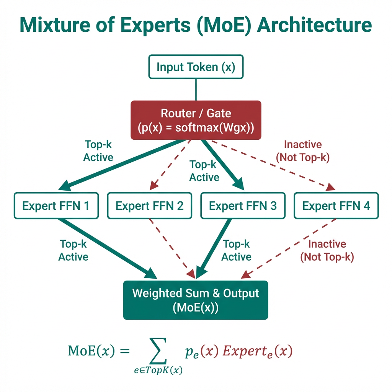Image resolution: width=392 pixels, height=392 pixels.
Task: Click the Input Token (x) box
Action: click(x=196, y=67)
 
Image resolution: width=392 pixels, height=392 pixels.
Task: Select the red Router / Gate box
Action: click(x=196, y=120)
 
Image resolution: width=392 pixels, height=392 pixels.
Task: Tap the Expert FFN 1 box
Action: click(x=56, y=206)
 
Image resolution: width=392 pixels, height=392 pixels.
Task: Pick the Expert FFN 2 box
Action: click(x=149, y=206)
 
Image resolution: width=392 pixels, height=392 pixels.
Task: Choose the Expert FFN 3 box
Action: click(x=243, y=206)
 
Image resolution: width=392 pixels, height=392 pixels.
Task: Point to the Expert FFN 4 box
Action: click(x=336, y=206)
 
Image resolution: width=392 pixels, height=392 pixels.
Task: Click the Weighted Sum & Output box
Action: click(x=196, y=300)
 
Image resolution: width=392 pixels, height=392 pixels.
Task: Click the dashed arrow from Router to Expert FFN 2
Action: click(x=170, y=165)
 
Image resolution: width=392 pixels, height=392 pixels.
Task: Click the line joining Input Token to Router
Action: click(x=196, y=90)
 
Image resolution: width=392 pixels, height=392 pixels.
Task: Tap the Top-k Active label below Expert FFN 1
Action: click(x=73, y=250)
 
